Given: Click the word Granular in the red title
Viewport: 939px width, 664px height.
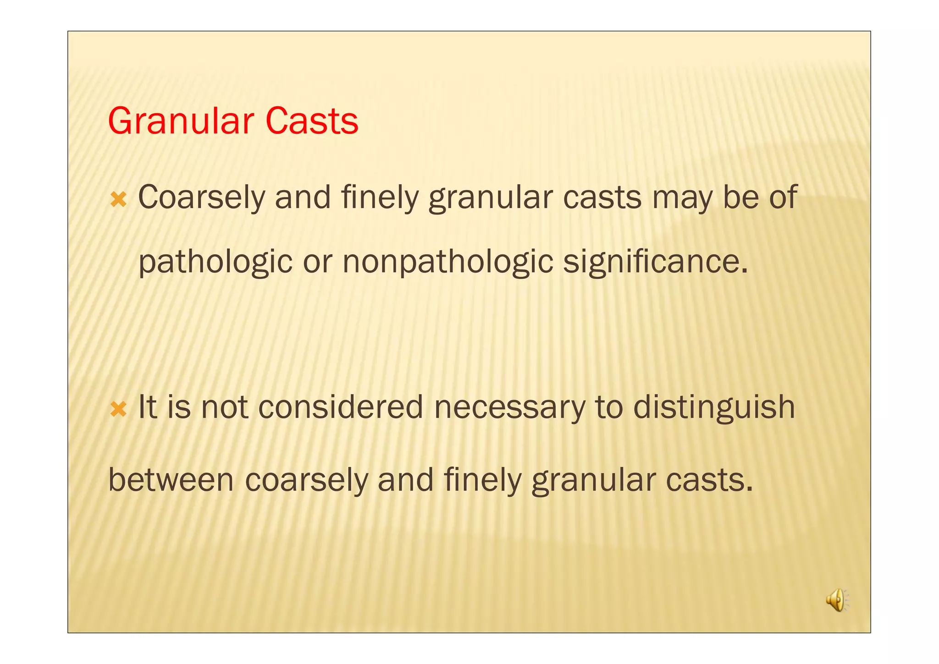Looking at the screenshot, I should coord(181,121).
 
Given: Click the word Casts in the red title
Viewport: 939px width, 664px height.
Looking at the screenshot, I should coord(312,121).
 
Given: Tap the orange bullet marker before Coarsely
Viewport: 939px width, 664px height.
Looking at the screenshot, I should coord(118,200).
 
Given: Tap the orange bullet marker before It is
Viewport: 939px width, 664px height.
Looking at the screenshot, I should coord(118,409).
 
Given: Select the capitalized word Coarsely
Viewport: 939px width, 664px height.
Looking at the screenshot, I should coord(201,198).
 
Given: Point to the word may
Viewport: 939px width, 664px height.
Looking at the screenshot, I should coord(682,198).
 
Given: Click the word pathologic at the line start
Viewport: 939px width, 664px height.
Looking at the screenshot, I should coord(215,262).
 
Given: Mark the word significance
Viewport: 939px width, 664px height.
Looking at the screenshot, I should coord(655,262).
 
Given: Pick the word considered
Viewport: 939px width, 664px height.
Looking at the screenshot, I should coord(340,407).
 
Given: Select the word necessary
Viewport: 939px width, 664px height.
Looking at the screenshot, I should coord(509,407).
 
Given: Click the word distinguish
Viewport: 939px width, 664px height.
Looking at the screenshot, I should coord(714,407).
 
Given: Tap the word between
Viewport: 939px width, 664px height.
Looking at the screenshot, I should coord(171,480).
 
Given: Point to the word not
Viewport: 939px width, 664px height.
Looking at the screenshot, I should coord(225,407).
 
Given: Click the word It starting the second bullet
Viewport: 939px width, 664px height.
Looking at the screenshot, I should coord(147,407).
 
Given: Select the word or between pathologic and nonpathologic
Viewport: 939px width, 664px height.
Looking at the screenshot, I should coord(317,262).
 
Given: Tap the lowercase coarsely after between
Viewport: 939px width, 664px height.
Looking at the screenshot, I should coord(306,480).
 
